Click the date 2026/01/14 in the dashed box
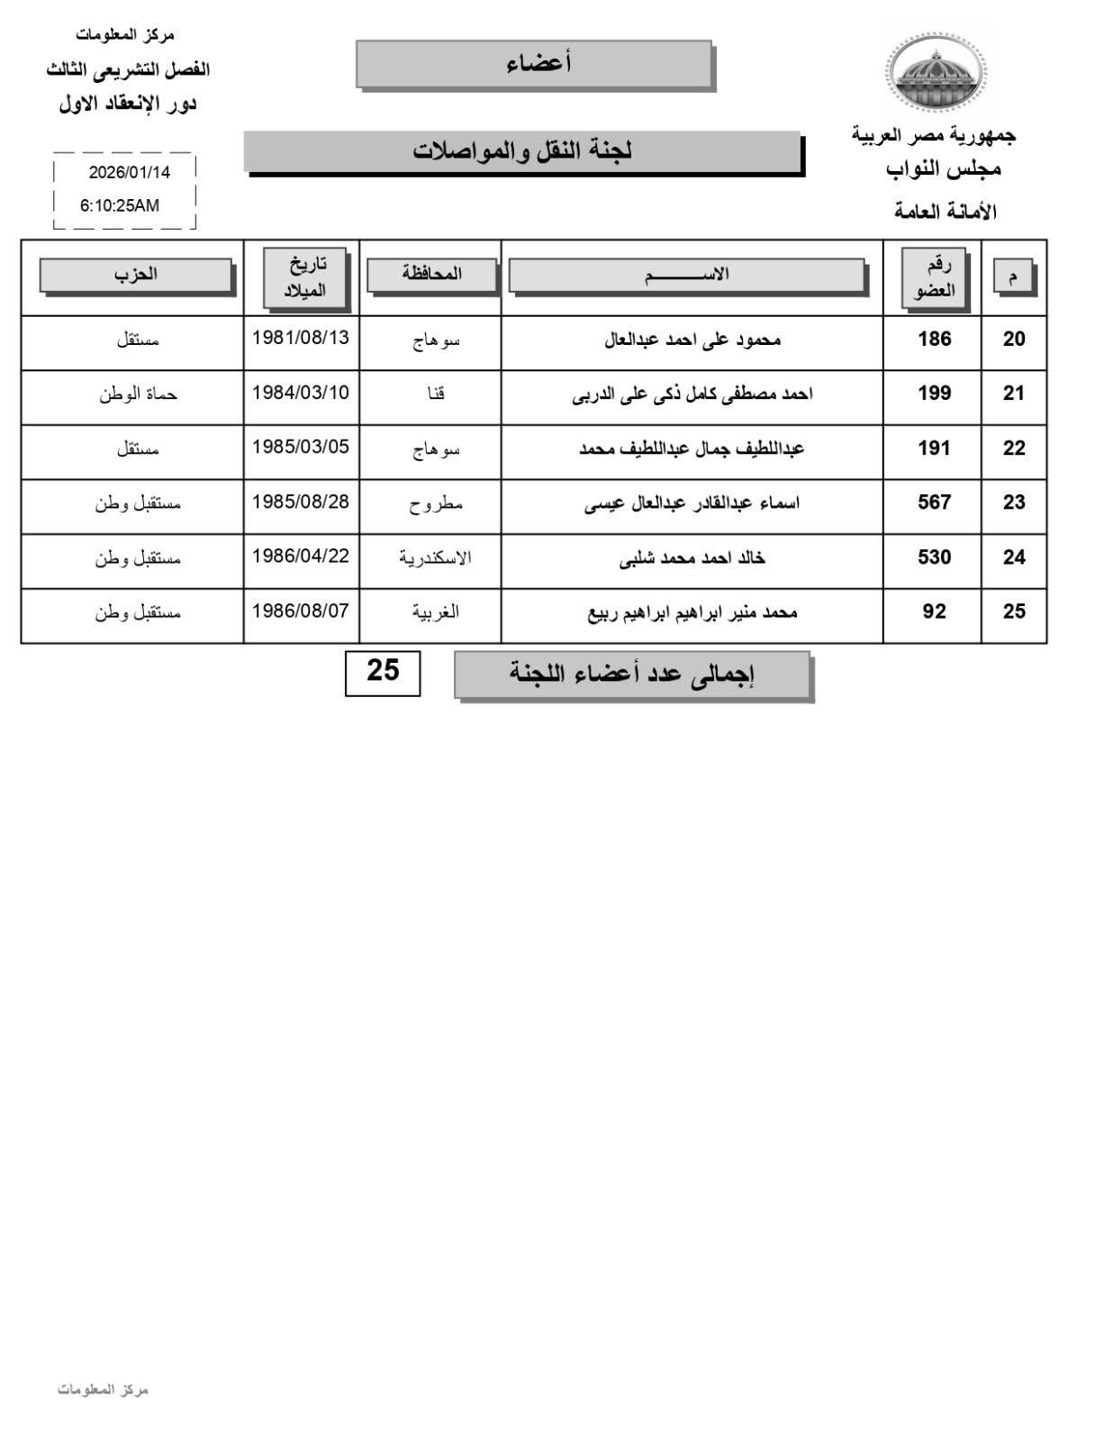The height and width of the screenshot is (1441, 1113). point(129,172)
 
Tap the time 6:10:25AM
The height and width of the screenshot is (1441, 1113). point(120,205)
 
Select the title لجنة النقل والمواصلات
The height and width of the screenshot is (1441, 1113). point(522,151)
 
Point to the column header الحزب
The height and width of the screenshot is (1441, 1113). point(135,275)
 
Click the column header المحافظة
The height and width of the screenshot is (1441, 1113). point(431,275)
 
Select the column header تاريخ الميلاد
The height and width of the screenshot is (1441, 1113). point(303,277)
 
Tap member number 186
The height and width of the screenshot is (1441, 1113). point(934,340)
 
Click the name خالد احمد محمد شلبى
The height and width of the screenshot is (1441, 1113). point(692,558)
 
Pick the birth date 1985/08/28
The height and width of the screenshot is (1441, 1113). point(300,502)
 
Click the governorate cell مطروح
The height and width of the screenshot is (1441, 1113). point(436,503)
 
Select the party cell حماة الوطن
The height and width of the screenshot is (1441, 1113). point(138,394)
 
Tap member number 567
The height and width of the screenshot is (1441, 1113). point(934,503)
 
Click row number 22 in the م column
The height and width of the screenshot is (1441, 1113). point(1014,449)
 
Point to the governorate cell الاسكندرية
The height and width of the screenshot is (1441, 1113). point(435,557)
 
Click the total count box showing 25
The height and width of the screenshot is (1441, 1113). point(383,672)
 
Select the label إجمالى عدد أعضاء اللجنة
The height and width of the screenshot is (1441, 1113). point(632,675)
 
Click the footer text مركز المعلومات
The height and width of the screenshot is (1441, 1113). point(103,1390)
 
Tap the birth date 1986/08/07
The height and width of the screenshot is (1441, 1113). point(300,612)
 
